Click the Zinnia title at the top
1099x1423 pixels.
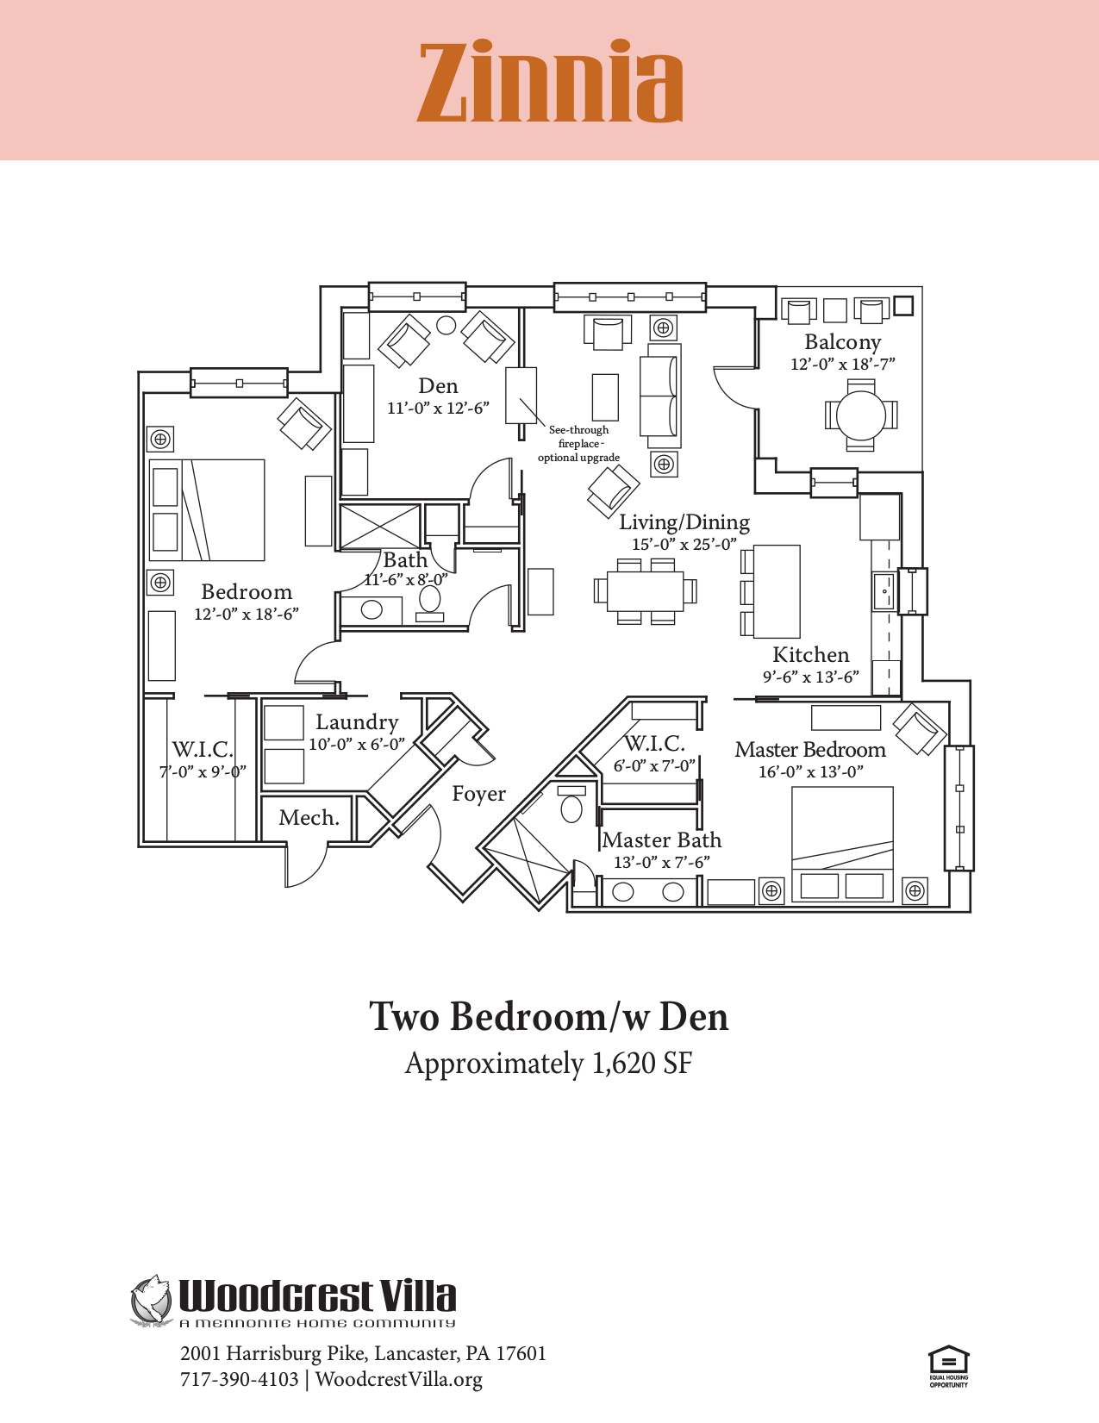(x=550, y=83)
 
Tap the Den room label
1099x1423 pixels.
(x=438, y=386)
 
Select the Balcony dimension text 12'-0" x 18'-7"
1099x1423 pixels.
(x=842, y=365)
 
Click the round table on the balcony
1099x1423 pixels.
(x=861, y=415)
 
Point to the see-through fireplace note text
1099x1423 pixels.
(x=578, y=443)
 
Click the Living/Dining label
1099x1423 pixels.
(x=684, y=522)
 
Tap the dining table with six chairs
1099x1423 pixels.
(x=645, y=590)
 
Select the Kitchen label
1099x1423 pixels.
(x=810, y=655)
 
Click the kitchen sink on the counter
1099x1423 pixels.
(x=884, y=591)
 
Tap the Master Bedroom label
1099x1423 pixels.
(x=809, y=750)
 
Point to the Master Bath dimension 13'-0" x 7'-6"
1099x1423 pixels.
(x=661, y=863)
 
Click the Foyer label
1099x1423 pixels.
(x=478, y=794)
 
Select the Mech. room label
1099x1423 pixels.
(x=309, y=818)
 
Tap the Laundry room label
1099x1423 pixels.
(x=357, y=722)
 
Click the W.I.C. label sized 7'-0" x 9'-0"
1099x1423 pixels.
(x=203, y=749)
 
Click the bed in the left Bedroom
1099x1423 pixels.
(x=207, y=510)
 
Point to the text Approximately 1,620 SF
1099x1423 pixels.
(x=548, y=1064)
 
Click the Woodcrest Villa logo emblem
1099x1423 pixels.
(x=152, y=1300)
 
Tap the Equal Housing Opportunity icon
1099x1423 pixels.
(x=948, y=1364)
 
